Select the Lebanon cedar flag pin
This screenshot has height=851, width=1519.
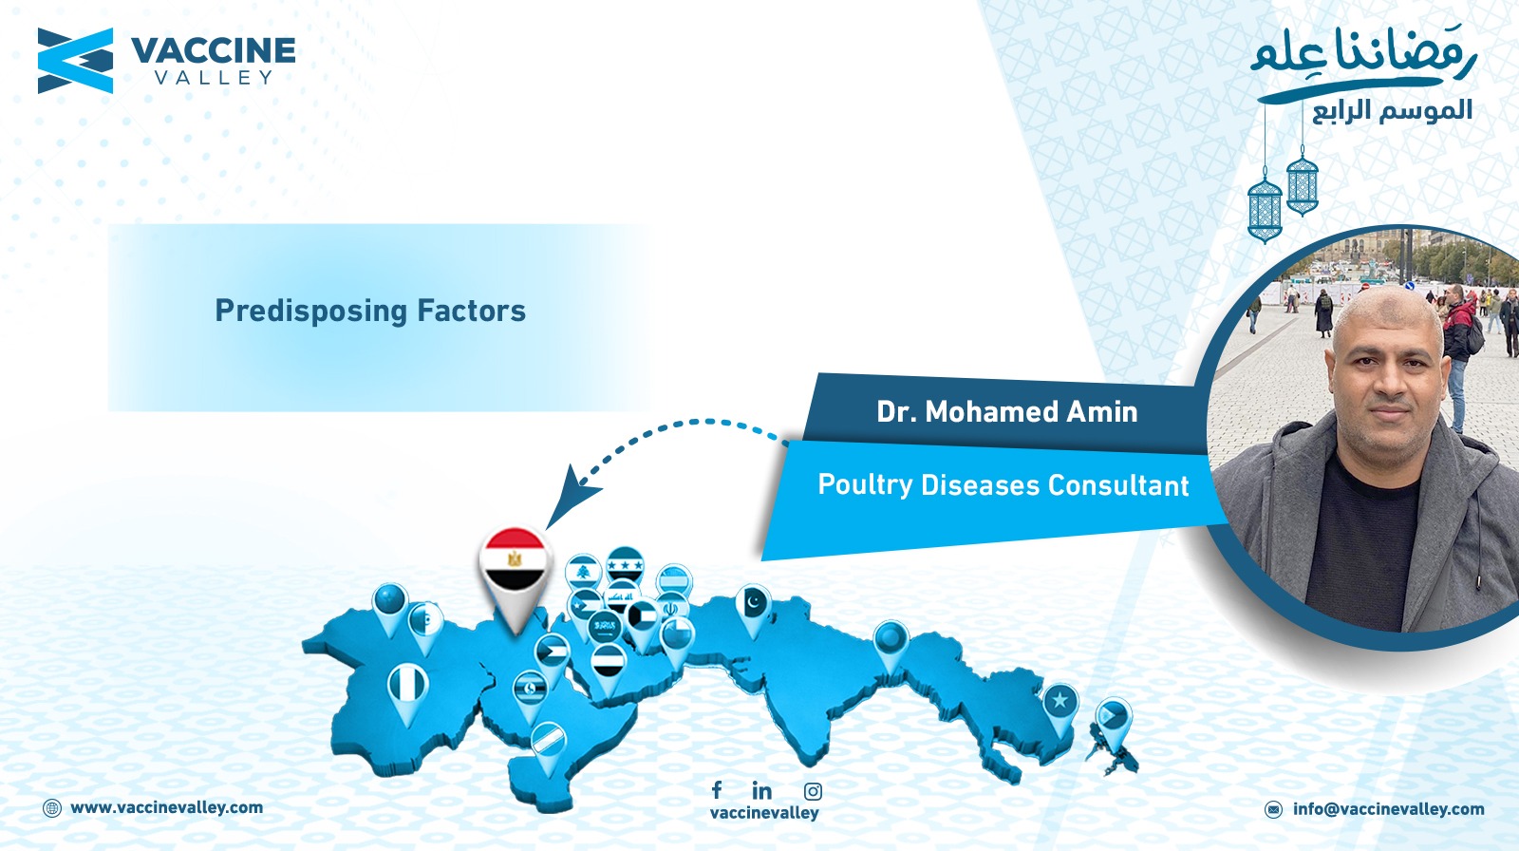(583, 572)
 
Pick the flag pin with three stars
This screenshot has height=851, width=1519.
(625, 564)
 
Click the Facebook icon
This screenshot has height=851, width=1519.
(717, 789)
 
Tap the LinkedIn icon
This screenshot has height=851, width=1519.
(762, 790)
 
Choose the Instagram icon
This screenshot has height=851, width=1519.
(813, 791)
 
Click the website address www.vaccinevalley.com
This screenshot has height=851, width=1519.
(167, 807)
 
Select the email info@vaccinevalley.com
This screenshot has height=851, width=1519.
(1388, 809)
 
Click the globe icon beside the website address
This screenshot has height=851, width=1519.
(52, 808)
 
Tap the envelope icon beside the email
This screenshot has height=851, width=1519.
(1273, 809)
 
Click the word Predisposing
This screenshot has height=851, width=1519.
(311, 312)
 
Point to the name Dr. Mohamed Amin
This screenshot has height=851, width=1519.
(1007, 412)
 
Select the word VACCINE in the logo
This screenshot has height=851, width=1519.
(213, 51)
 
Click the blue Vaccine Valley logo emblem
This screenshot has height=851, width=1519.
(75, 61)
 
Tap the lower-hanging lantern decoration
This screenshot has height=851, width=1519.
(1265, 208)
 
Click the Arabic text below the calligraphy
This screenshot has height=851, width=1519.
(1392, 110)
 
